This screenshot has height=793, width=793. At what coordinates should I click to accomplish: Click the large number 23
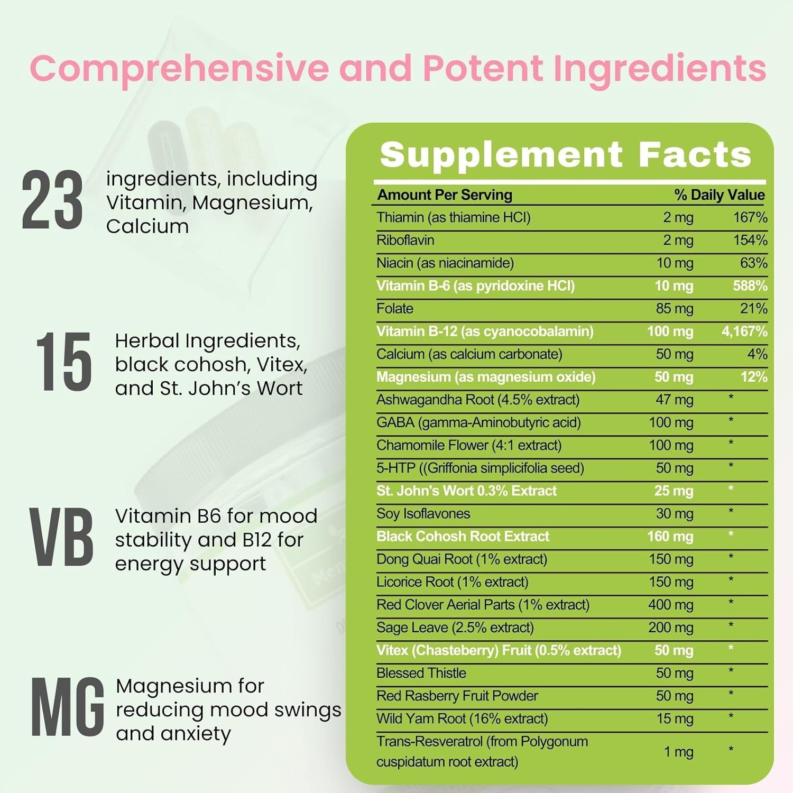(x=52, y=201)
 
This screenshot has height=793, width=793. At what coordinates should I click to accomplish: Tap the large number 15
(x=63, y=362)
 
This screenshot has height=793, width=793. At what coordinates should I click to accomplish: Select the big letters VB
(x=61, y=538)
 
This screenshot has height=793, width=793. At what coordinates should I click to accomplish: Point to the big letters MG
(x=67, y=707)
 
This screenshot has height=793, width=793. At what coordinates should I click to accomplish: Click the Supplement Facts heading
(x=565, y=154)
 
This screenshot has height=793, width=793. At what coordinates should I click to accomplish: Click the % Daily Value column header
(x=719, y=195)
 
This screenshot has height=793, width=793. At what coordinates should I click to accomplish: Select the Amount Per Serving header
(x=445, y=195)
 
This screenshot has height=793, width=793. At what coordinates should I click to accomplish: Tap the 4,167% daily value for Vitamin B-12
(x=744, y=331)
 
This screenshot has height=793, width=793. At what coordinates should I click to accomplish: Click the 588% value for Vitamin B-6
(x=750, y=286)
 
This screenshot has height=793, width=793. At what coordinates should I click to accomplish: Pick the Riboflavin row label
(x=405, y=240)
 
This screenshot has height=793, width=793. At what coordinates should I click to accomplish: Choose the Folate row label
(x=395, y=309)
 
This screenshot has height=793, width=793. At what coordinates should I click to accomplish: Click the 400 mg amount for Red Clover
(x=670, y=605)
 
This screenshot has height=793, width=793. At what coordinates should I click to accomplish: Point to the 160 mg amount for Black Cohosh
(x=670, y=537)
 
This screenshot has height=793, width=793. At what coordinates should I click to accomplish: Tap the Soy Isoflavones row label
(x=423, y=514)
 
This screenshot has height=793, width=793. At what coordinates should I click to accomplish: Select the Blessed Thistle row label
(x=421, y=673)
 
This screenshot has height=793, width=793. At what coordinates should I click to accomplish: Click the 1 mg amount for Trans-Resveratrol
(x=678, y=752)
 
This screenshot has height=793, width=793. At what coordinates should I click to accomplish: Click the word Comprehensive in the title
(x=179, y=69)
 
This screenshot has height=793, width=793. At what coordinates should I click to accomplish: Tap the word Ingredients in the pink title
(x=660, y=69)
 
